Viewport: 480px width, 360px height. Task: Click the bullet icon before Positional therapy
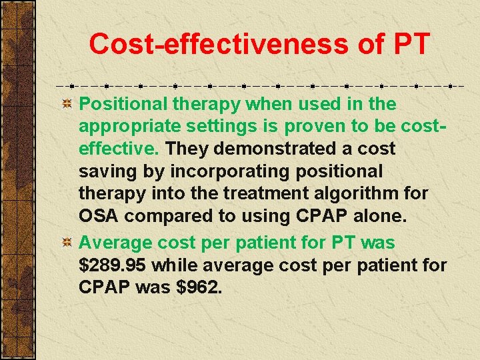(x=67, y=104)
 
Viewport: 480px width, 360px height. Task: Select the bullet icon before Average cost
(x=67, y=243)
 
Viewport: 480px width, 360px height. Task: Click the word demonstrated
(x=276, y=149)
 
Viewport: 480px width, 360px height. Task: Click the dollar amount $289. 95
(x=113, y=265)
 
